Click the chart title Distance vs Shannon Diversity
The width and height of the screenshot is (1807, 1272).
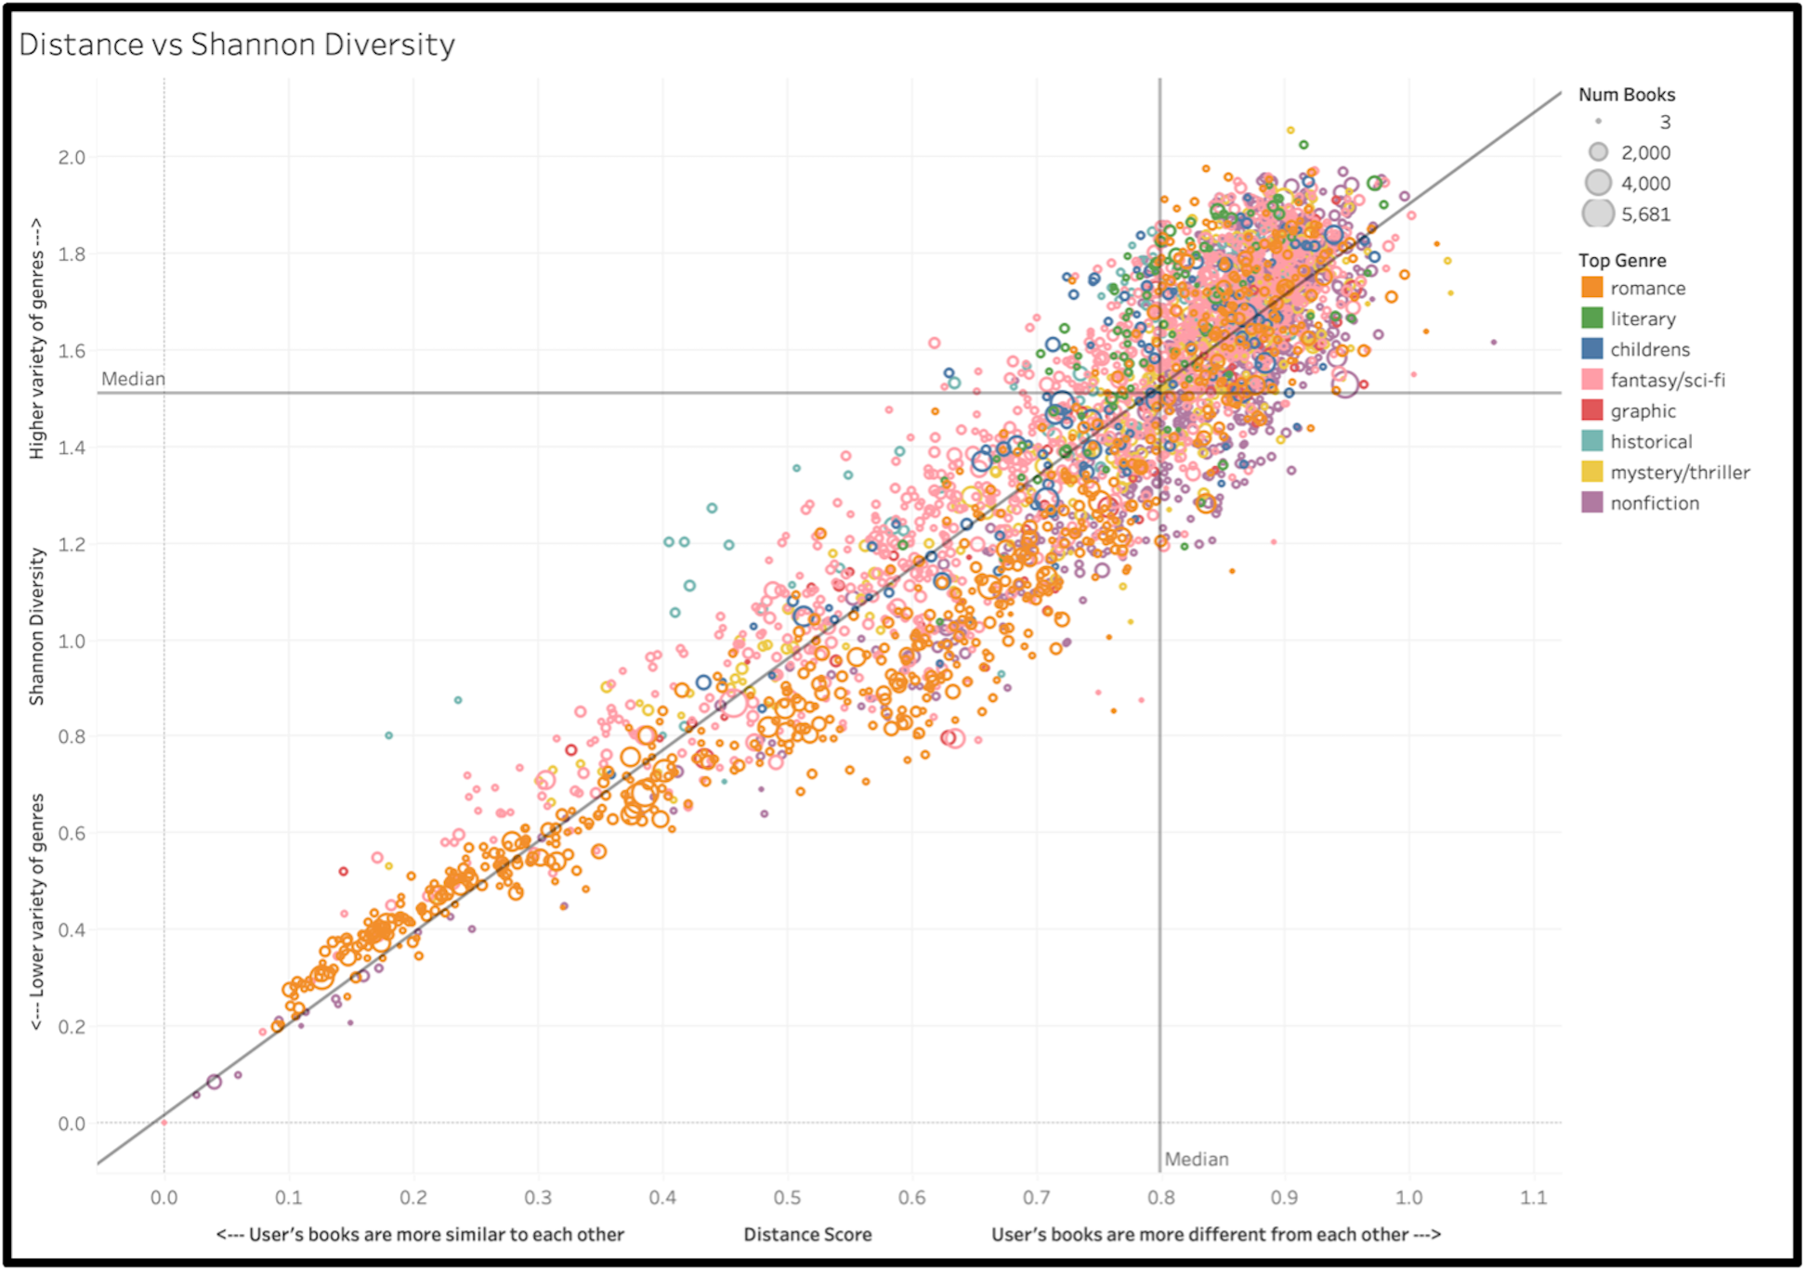[237, 45]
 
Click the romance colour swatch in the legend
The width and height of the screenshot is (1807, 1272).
[1592, 288]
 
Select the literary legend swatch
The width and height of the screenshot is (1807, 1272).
[1592, 318]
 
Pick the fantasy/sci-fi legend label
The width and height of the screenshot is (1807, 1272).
[1667, 380]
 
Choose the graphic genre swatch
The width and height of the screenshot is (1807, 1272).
[1592, 410]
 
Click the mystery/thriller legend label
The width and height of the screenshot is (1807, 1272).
[1679, 472]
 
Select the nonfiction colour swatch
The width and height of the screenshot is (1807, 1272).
[1592, 502]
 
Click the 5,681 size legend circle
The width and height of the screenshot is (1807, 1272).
[1598, 214]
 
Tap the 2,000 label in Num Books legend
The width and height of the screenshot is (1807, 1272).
[1645, 152]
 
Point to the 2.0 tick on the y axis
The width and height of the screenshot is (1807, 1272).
[72, 157]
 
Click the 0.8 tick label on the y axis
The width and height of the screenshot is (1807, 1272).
[72, 736]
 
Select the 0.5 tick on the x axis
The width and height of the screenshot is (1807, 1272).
[787, 1197]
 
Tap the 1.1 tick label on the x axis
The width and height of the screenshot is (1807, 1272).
[1533, 1197]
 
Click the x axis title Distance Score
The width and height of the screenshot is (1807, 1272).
[807, 1234]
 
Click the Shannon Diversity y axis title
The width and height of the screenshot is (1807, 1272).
[37, 626]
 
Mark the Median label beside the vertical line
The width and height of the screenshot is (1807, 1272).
[1196, 1159]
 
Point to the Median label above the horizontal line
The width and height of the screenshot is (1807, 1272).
[133, 379]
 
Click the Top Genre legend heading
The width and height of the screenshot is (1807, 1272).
[1621, 260]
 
